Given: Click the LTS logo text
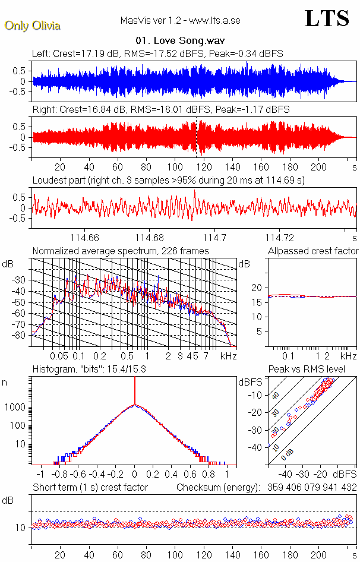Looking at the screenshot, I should pos(327,18).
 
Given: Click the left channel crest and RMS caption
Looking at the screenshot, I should pos(157,54).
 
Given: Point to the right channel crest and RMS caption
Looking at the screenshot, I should pos(160,110).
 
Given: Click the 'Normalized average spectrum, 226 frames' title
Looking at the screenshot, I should pos(121,251).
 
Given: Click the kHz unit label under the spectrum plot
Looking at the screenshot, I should pos(228,356).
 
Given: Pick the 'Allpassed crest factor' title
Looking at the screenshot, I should pos(313,251).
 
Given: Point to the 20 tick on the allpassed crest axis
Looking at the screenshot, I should pos(257,288).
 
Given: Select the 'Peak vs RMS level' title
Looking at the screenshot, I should pos(307,370).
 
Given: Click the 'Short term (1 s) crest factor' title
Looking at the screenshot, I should pos(90,488).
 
